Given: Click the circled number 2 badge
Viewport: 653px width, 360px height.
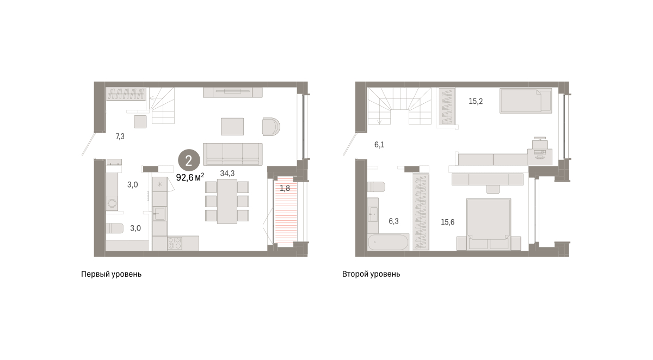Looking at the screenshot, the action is coord(189,160).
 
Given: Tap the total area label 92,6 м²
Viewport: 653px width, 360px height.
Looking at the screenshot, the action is coord(190,177).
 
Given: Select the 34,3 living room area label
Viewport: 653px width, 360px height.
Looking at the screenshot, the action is coord(227,173).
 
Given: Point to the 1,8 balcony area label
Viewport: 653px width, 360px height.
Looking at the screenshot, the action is coord(285,189).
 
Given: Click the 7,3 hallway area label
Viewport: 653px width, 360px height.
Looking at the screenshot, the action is coord(120,136).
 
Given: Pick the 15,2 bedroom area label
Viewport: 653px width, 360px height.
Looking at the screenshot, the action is coord(476,101).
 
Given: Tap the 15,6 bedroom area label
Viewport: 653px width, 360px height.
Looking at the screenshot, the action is coord(447,222).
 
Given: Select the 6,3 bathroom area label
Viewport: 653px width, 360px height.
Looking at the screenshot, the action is coord(393,221).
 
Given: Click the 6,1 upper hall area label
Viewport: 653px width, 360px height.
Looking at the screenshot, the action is coord(379,145).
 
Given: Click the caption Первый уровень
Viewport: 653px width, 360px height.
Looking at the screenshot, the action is coord(112,275).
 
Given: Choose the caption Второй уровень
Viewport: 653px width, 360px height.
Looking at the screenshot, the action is coord(371,275).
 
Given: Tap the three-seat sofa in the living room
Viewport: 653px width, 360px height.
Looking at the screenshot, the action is coord(233,154).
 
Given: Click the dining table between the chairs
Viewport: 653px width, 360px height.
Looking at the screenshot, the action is coord(227,201).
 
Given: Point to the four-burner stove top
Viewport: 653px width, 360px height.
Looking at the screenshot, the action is coord(175,244).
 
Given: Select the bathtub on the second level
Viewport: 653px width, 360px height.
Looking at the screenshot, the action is coord(389,243).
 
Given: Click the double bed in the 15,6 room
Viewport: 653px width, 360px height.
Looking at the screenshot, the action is coord(489,224).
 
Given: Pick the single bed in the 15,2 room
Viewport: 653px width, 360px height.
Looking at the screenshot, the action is coord(526,101).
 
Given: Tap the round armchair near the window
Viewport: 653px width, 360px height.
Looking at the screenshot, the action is coord(271,127).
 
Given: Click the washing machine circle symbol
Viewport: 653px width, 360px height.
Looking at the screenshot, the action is coord(112,203).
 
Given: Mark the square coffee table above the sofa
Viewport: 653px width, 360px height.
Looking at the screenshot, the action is coord(232,127).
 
